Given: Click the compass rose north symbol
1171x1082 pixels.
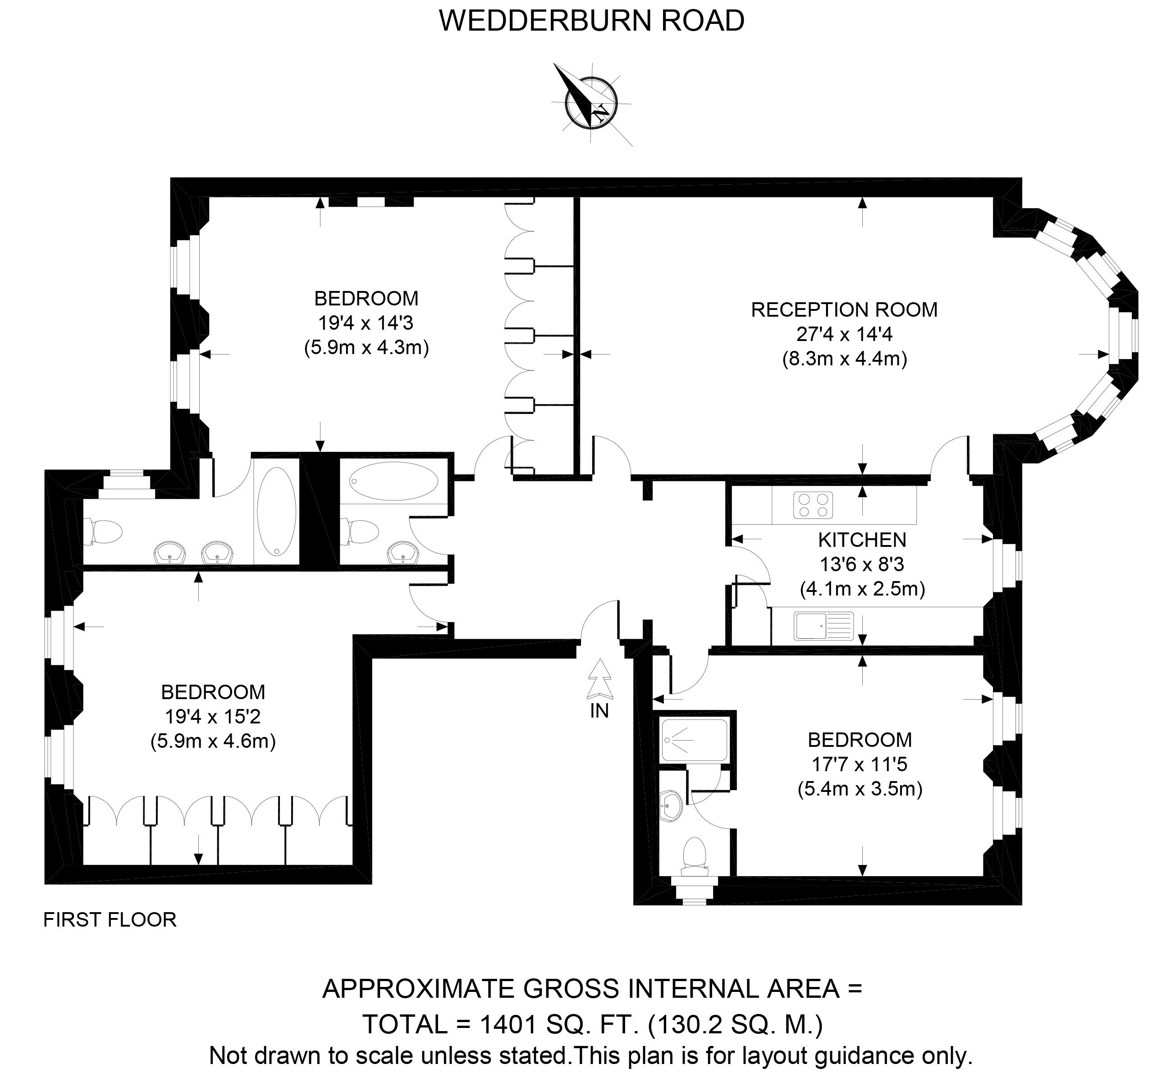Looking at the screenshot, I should click(x=591, y=102).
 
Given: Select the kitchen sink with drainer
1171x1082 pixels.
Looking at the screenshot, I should click(x=823, y=626).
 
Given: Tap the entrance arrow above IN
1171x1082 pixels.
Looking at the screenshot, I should click(x=599, y=679).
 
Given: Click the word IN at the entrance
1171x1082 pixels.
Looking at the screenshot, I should click(x=599, y=711).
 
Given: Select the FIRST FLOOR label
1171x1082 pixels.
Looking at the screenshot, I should click(x=110, y=920).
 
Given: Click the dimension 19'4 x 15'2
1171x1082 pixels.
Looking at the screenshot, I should click(x=213, y=717).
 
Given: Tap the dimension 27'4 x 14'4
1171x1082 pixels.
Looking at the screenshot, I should click(x=843, y=334).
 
